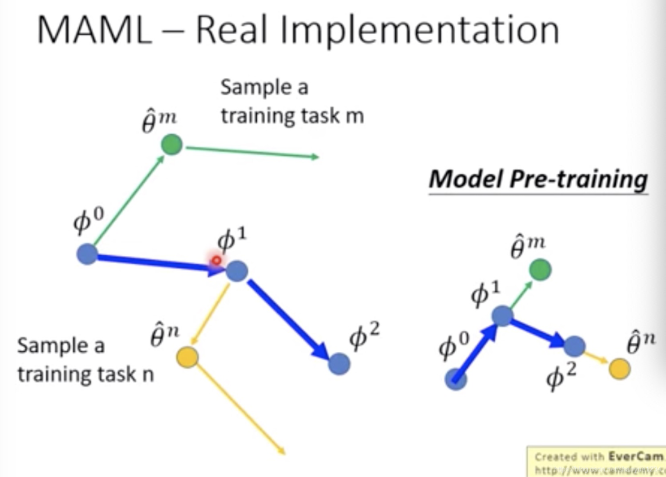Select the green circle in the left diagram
[x=171, y=145]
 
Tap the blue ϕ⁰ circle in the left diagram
[x=87, y=254]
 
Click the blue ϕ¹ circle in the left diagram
[x=237, y=271]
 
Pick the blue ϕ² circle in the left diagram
[x=339, y=364]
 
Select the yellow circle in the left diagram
[x=188, y=357]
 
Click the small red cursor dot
[x=216, y=261]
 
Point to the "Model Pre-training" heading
[x=537, y=179]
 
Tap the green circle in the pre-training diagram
[x=540, y=269]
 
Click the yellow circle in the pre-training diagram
[x=619, y=369]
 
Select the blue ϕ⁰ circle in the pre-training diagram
[x=456, y=380]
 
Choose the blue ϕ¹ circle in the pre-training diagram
[x=502, y=316]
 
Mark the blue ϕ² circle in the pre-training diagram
[x=574, y=346]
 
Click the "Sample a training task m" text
[x=292, y=102]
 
